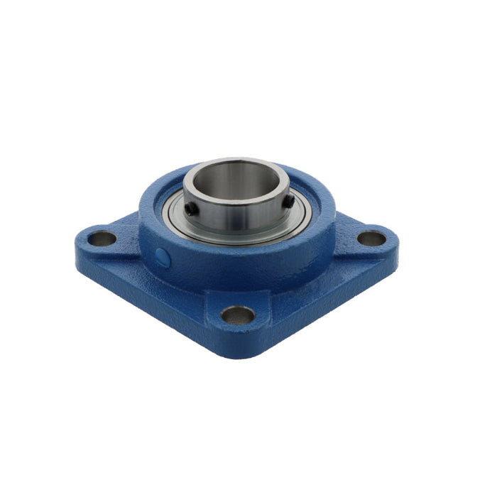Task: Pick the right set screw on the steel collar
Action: click(x=289, y=202)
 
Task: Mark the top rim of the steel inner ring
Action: click(x=234, y=163)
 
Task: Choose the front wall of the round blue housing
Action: click(x=234, y=266)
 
